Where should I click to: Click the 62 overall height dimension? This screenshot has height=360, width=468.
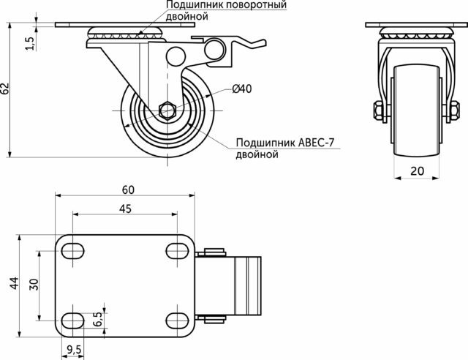tap(5, 89)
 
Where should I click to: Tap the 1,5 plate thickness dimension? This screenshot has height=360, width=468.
tap(30, 44)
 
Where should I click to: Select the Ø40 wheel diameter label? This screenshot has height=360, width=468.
tap(242, 89)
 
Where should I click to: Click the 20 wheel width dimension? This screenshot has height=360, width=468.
tap(417, 171)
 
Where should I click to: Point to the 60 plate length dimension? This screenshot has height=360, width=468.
tap(129, 190)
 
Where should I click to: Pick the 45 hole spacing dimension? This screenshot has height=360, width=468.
tap(125, 209)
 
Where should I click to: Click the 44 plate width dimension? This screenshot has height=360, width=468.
tap(15, 283)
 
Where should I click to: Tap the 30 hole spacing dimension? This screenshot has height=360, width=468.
tap(34, 284)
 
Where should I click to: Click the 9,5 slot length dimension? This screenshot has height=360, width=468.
tap(74, 350)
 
